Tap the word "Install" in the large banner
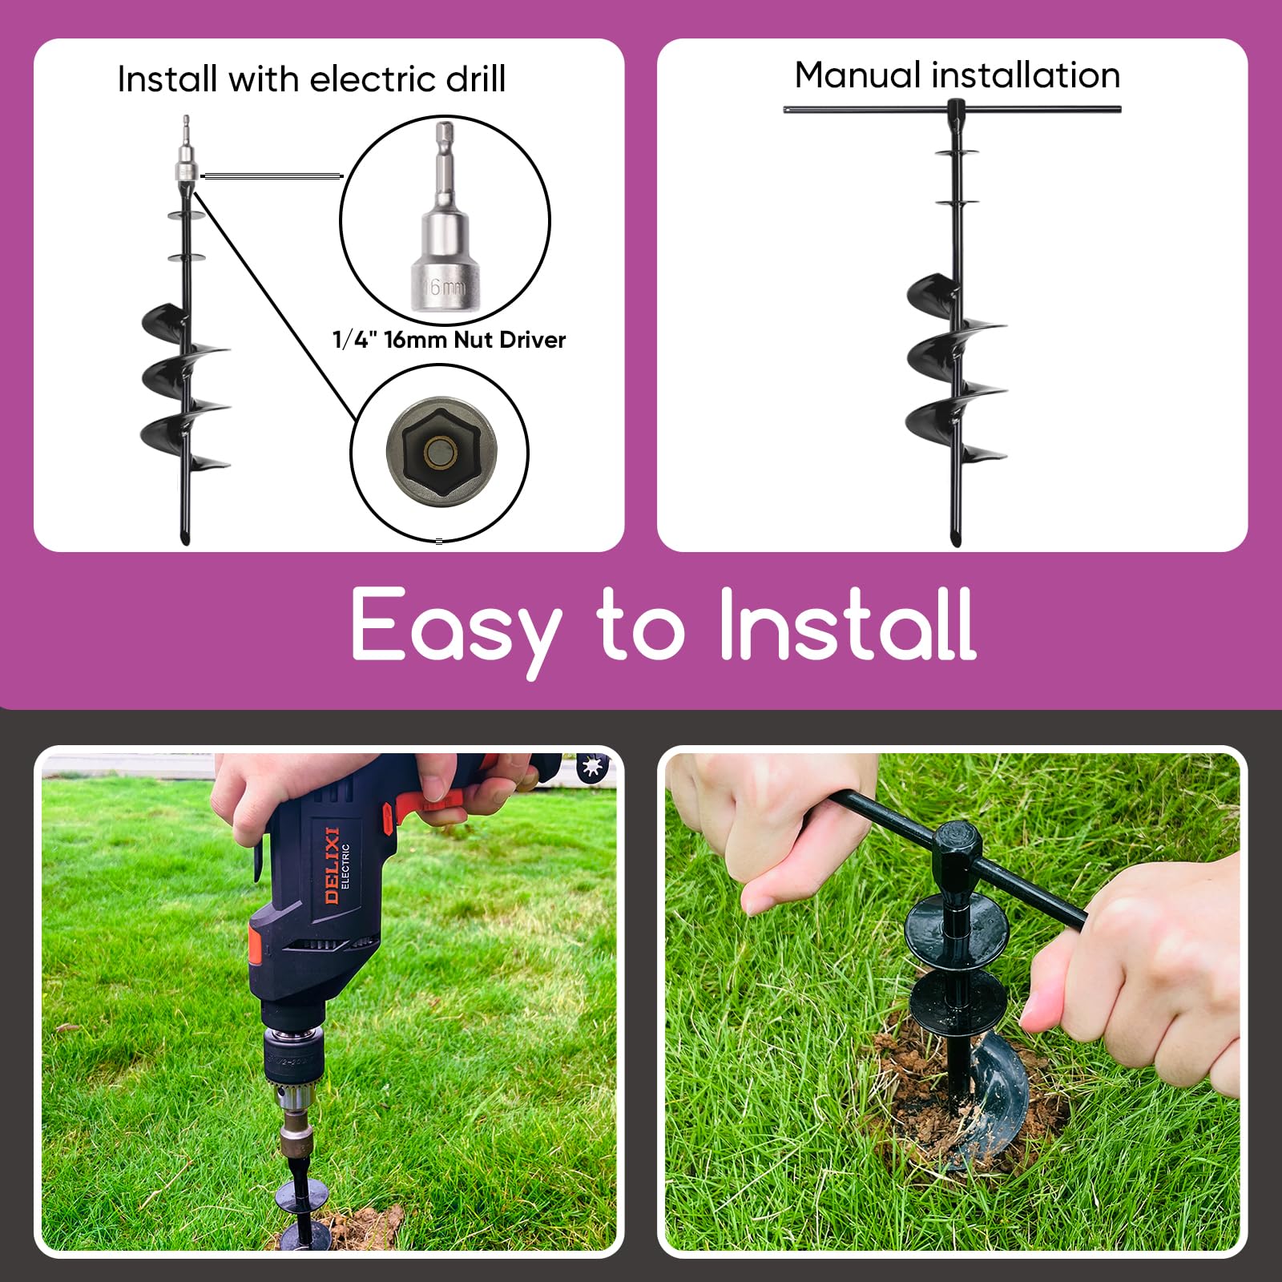point(848,623)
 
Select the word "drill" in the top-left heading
point(476,79)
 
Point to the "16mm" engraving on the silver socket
point(443,286)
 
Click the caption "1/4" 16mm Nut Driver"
point(449,340)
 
